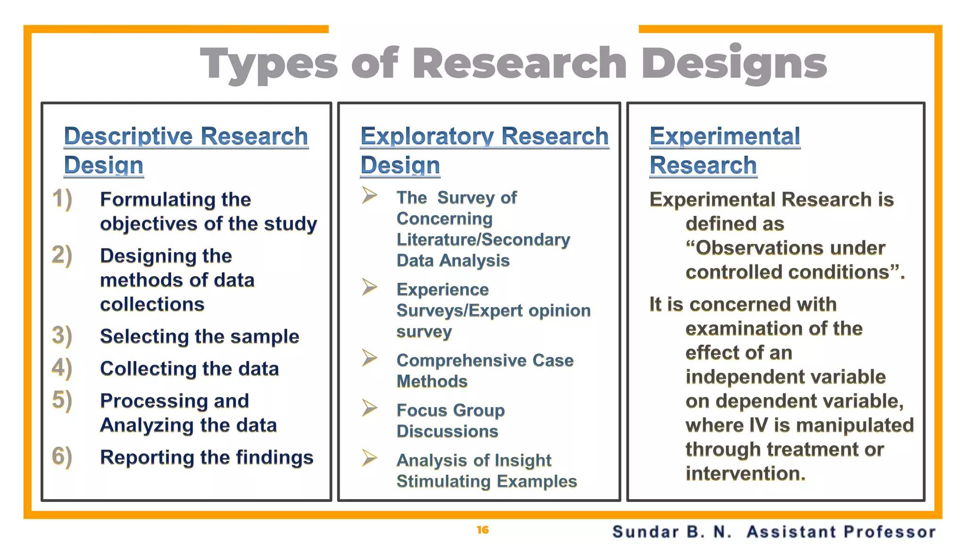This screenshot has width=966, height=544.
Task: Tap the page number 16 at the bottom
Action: pyautogui.click(x=483, y=530)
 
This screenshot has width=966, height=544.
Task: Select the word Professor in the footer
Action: pyautogui.click(x=889, y=532)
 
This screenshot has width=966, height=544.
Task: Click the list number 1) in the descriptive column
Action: pyautogui.click(x=62, y=199)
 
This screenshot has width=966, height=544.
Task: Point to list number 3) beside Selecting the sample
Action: pyautogui.click(x=62, y=336)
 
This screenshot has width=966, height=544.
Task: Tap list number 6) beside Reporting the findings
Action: pyautogui.click(x=62, y=457)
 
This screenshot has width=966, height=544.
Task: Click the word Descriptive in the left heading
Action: pyautogui.click(x=128, y=136)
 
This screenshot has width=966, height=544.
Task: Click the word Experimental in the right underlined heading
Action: pyautogui.click(x=724, y=136)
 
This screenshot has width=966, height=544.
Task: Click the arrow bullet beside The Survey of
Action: pyautogui.click(x=369, y=195)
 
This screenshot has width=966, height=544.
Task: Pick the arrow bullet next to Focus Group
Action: pyautogui.click(x=369, y=408)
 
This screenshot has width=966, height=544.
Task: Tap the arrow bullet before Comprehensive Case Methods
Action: pyautogui.click(x=369, y=357)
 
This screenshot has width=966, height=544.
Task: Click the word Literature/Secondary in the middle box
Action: pyautogui.click(x=483, y=239)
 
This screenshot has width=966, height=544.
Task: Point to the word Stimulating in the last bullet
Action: pyautogui.click(x=444, y=481)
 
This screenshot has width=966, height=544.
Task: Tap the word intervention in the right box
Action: pyautogui.click(x=745, y=473)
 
